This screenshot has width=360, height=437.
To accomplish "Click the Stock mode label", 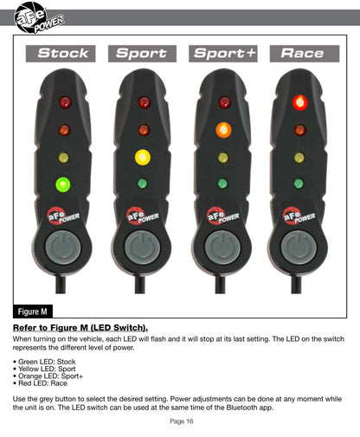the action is click(61, 54).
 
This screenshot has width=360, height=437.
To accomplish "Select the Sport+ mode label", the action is click(223, 54).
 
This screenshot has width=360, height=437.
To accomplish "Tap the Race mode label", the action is click(305, 54).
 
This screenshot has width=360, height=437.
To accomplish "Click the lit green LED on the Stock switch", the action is click(63, 184).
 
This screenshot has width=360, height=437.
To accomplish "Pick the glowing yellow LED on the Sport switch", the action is click(143, 157).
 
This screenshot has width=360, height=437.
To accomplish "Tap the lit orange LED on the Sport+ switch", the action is click(223, 130).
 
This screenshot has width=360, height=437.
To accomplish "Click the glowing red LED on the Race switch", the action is click(300, 102).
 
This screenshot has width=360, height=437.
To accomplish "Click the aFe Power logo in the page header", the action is click(39, 17).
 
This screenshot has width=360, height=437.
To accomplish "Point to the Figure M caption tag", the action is click(33, 312).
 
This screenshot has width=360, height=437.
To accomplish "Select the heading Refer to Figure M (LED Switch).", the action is click(80, 328).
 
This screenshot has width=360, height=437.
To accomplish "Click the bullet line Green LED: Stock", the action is click(44, 362).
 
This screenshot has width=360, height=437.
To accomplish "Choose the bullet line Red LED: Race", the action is click(40, 383).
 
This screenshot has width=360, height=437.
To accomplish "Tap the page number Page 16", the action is click(182, 421).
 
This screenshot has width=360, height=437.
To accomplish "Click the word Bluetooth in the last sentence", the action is click(241, 408).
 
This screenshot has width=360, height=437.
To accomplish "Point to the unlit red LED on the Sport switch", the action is click(144, 102).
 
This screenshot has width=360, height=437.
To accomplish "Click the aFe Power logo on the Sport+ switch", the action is click(222, 215).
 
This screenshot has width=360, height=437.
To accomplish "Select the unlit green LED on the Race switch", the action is click(299, 183).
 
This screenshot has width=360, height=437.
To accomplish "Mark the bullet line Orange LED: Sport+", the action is click(48, 376).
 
